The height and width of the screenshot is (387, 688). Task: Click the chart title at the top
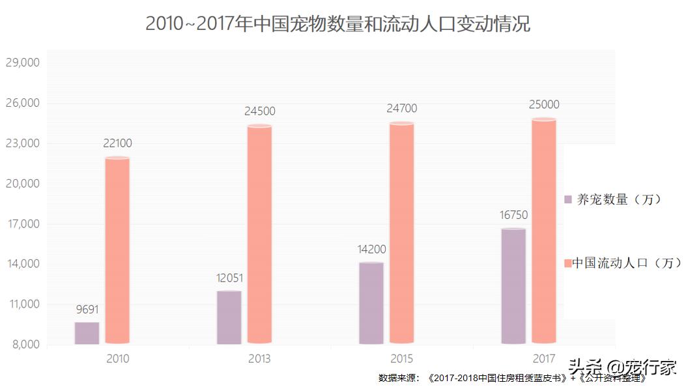coord(337,24)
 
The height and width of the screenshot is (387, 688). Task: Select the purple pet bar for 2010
coord(87,333)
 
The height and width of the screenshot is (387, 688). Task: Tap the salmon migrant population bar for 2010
coord(117,251)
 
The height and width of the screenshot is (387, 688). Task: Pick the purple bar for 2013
coord(229,317)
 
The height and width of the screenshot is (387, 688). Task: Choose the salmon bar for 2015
coord(401,233)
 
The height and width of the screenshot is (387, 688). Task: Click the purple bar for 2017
coord(513,286)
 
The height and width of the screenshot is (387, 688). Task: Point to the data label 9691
coord(87,310)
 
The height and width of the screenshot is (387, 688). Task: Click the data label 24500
coord(259,111)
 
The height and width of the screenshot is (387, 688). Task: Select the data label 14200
coord(372,250)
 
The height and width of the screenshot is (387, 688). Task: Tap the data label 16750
coord(514,216)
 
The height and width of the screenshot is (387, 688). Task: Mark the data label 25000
coord(544,105)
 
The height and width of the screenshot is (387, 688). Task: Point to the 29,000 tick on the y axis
coord(23,63)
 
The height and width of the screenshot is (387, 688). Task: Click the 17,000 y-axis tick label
coord(23,224)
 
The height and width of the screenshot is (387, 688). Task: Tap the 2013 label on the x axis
coord(259,359)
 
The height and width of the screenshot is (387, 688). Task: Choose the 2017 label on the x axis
coord(544,359)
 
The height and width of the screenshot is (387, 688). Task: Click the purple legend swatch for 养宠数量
coord(568,199)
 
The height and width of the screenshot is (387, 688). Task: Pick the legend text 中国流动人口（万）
coord(627,263)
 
